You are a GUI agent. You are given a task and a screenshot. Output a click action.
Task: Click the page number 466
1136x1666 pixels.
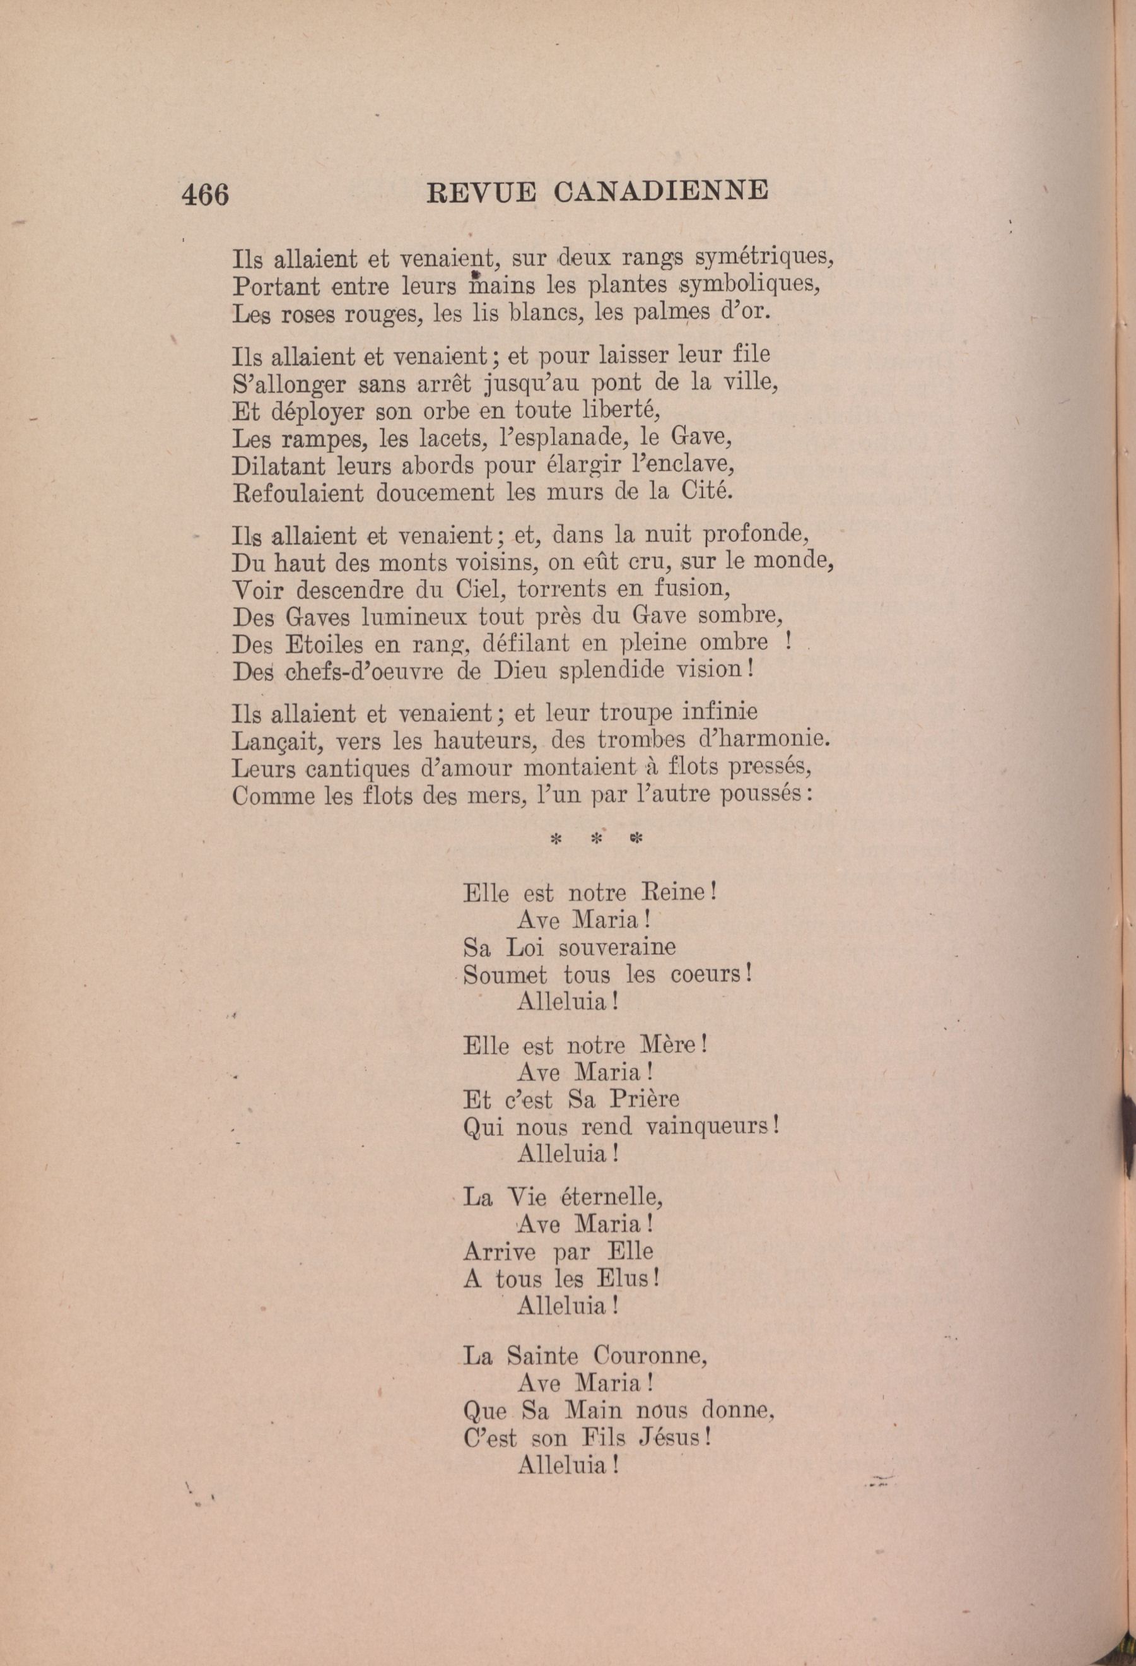coord(206,194)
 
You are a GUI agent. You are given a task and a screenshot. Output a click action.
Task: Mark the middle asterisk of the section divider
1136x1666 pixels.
coord(595,839)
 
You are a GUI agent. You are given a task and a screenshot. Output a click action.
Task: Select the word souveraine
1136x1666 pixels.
coord(616,948)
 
